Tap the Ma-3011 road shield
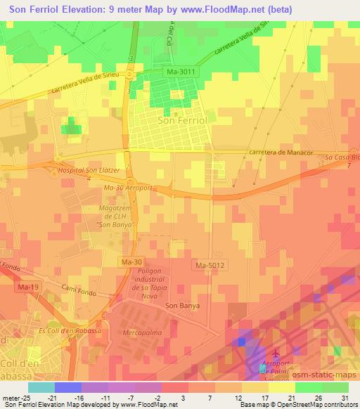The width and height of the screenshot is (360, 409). [x=181, y=72]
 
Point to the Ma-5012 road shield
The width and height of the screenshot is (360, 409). [x=209, y=265]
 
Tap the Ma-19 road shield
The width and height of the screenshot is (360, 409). [x=28, y=287]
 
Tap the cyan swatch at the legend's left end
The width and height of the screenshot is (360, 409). [x=41, y=387]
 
